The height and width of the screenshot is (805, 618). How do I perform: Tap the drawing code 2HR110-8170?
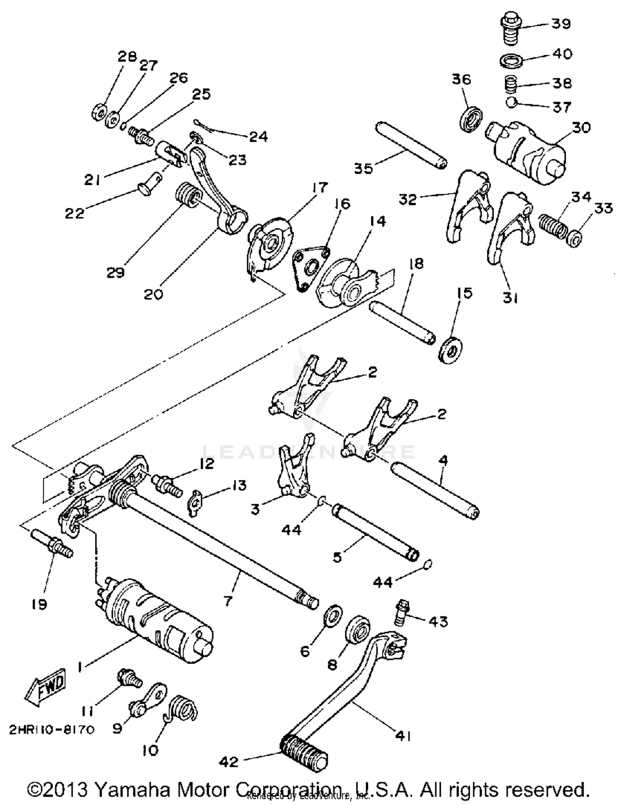(52, 730)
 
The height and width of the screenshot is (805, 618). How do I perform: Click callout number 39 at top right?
(561, 23)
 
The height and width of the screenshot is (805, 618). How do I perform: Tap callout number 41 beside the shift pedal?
(403, 735)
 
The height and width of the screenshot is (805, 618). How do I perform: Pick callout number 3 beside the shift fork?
(255, 509)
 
